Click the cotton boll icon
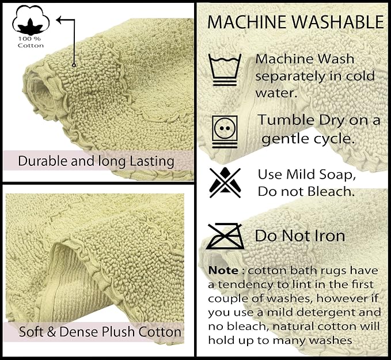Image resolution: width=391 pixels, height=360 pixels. pyautogui.click(x=31, y=20)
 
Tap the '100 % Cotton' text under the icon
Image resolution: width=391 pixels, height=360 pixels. pyautogui.click(x=31, y=42)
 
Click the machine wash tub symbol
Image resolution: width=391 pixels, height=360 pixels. pyautogui.click(x=225, y=70)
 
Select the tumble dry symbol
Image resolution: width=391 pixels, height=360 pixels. pyautogui.click(x=225, y=131)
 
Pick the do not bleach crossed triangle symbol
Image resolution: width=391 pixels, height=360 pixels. pyautogui.click(x=225, y=183)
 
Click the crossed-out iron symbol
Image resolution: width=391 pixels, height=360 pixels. pyautogui.click(x=225, y=236)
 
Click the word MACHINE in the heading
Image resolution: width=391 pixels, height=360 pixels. pyautogui.click(x=247, y=22)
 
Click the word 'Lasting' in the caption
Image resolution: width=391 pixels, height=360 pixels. pyautogui.click(x=152, y=161)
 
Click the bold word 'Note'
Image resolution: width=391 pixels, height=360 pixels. pyautogui.click(x=223, y=271)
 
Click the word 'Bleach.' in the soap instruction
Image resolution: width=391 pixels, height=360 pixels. pyautogui.click(x=331, y=192)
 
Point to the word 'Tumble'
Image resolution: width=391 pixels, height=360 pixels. pyautogui.click(x=286, y=120)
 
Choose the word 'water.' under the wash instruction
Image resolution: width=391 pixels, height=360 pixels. pyautogui.click(x=276, y=93)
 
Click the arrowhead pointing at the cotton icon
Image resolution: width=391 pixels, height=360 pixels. pyautogui.click(x=59, y=20)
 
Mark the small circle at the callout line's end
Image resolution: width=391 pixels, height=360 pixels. pyautogui.click(x=74, y=65)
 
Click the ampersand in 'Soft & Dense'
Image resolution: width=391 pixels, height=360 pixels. pyautogui.click(x=51, y=332)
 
